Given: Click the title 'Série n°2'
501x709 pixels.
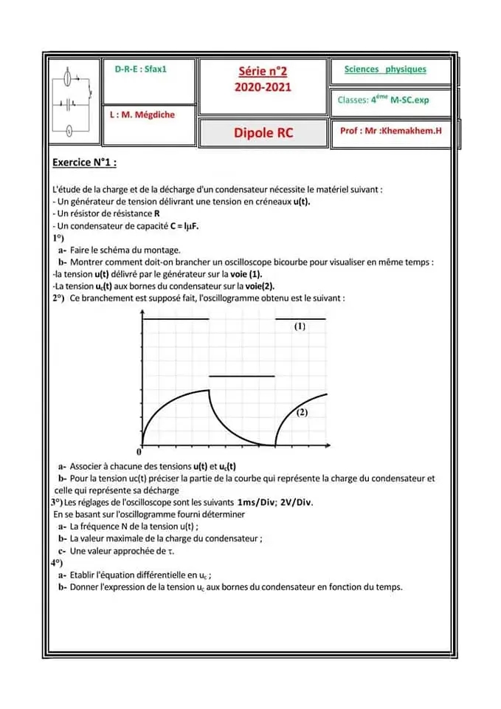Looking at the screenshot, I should pyautogui.click(x=263, y=72).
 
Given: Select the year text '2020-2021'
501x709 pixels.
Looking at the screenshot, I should pyautogui.click(x=263, y=86).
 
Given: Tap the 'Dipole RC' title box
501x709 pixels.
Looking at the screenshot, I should pyautogui.click(x=263, y=134).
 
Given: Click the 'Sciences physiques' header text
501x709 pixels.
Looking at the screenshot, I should pyautogui.click(x=385, y=69).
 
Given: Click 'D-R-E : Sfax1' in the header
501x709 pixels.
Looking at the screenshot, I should pyautogui.click(x=141, y=68).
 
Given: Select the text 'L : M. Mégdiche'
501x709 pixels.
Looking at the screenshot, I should pyautogui.click(x=142, y=115).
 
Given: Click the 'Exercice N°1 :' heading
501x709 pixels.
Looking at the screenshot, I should pyautogui.click(x=85, y=162).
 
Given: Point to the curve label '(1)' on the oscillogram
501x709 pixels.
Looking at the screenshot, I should pyautogui.click(x=300, y=326).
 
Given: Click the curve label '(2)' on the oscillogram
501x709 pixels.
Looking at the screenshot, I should pyautogui.click(x=302, y=414).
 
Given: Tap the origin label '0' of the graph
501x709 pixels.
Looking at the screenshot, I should pyautogui.click(x=138, y=451).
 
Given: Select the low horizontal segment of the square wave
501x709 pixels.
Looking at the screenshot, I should pyautogui.click(x=242, y=376).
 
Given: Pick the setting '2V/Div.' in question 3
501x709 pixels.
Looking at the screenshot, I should pyautogui.click(x=297, y=502).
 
